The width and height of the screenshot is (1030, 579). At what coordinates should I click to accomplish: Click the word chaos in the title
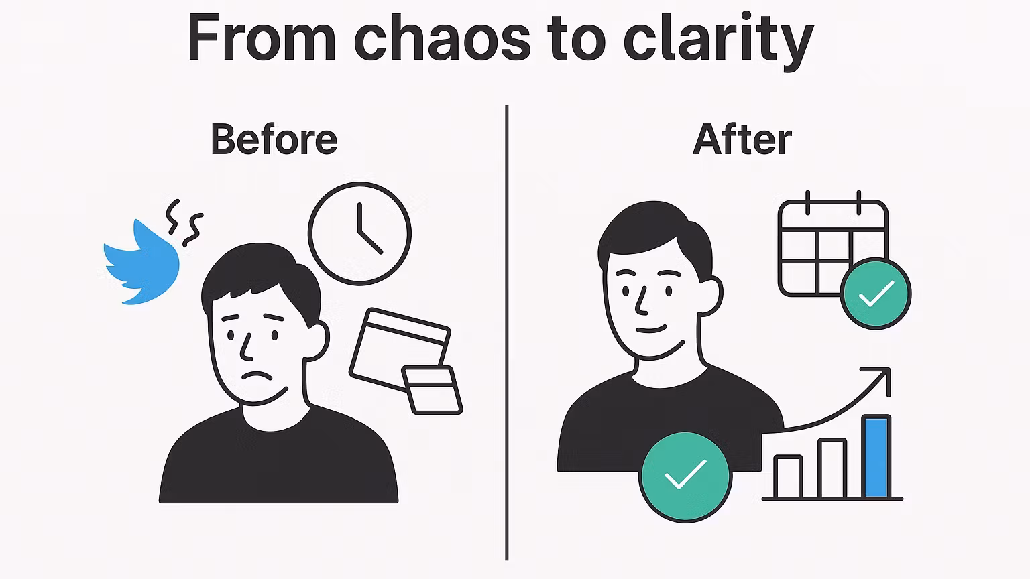click(x=443, y=39)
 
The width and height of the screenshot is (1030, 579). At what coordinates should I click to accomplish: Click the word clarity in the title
click(x=718, y=42)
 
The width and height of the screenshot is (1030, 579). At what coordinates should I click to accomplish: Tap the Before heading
click(x=274, y=139)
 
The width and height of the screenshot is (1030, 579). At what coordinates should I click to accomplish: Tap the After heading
click(x=742, y=139)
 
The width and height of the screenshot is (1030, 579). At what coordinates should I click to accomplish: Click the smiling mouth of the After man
click(x=652, y=329)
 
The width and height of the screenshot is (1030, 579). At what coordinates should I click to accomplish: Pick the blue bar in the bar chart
click(x=876, y=457)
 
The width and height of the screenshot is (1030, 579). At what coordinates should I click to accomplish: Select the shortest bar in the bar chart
click(x=788, y=477)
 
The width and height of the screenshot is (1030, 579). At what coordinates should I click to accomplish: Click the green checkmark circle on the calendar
click(x=876, y=294)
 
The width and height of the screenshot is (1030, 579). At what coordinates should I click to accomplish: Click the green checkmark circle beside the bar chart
click(x=685, y=477)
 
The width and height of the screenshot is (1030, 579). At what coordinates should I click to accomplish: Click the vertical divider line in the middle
click(x=507, y=332)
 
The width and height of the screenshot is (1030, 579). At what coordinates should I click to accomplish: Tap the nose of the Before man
click(x=245, y=347)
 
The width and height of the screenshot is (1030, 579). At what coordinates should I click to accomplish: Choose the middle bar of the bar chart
click(x=832, y=468)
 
